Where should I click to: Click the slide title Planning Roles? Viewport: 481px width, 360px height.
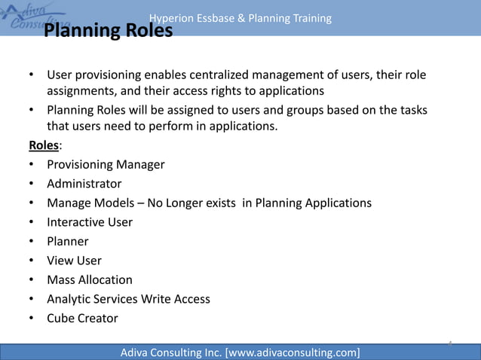pos(108,32)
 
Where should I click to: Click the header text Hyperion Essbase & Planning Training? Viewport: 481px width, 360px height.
pos(240,18)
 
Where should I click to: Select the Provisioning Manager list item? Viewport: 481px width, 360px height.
pos(106,164)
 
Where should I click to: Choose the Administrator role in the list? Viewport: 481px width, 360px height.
pos(84,184)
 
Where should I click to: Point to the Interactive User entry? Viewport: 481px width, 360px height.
pos(90,222)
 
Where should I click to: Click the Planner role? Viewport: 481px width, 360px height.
pos(68,242)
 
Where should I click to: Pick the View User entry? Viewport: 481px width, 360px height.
pos(74,261)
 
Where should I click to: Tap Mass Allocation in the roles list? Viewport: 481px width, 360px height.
pos(90,280)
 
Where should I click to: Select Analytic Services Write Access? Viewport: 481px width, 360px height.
pos(128,299)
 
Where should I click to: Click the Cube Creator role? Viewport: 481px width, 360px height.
pos(82,319)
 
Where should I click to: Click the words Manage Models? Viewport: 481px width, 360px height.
pos(91,203)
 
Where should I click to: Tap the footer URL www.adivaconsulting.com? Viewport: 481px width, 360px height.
pos(292,352)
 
